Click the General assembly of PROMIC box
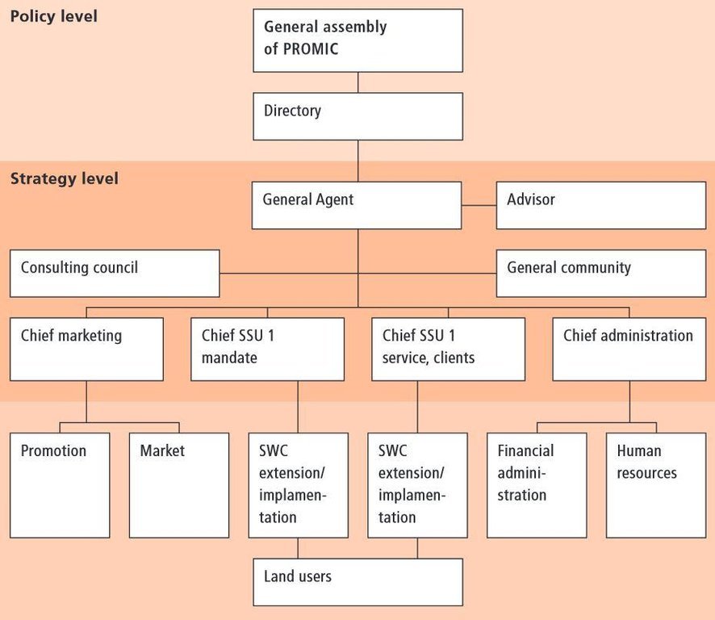point(358,40)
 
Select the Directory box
point(358,116)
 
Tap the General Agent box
point(357,205)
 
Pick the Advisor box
point(601,205)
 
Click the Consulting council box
point(115,274)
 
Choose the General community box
point(601,274)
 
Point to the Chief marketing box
point(86,349)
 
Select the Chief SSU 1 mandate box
point(267,349)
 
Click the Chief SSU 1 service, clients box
point(448,349)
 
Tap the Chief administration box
point(629,349)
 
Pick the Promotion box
point(60,485)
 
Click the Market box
point(179,485)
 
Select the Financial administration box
point(537,485)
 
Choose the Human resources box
point(656,485)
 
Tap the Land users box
point(358,582)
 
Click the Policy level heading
point(54,16)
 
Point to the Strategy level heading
point(65,178)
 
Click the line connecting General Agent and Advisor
point(479,205)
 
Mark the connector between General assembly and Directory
point(358,82)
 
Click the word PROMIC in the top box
point(311,48)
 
